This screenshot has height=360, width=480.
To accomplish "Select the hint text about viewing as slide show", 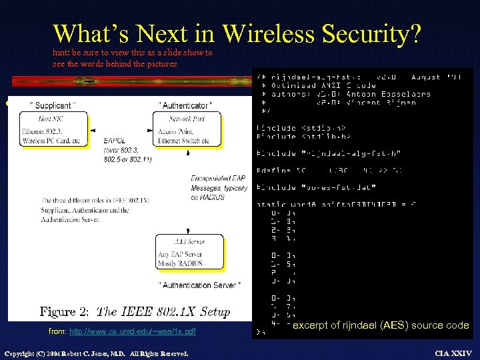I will click(133, 58).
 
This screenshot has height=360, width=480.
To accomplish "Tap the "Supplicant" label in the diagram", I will click(53, 105).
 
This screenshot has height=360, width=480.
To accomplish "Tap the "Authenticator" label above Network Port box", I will click(185, 105).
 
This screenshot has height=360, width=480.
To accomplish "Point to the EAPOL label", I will click(113, 141).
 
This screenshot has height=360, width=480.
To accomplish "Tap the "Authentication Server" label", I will click(197, 285).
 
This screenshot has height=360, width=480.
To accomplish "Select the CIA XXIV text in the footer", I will click(453, 353).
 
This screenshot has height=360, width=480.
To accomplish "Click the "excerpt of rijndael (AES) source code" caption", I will click(381, 325).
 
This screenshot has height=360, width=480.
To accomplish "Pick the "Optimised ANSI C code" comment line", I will click(313, 85).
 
